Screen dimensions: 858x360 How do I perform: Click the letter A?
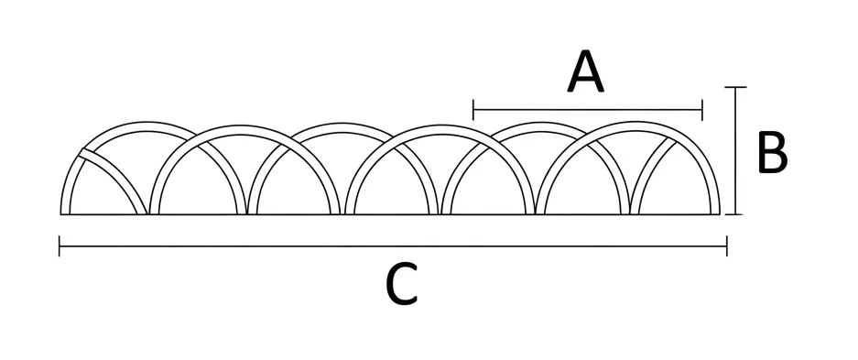pyautogui.click(x=585, y=71)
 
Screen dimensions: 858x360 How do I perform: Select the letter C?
pyautogui.click(x=402, y=283)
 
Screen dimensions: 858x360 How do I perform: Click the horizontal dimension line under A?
pyautogui.click(x=588, y=110)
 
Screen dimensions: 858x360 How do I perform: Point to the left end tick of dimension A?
pyautogui.click(x=473, y=110)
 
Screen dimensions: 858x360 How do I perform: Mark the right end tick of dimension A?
pyautogui.click(x=701, y=110)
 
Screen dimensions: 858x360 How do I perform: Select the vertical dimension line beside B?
pyautogui.click(x=735, y=150)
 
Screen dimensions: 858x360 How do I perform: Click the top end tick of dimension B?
pyautogui.click(x=735, y=87)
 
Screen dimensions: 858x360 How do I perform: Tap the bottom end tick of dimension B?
pyautogui.click(x=735, y=214)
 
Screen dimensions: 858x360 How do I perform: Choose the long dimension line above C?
pyautogui.click(x=393, y=246)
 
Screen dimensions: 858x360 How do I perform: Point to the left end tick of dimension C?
pyautogui.click(x=60, y=246)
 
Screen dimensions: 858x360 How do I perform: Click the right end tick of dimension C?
pyautogui.click(x=727, y=246)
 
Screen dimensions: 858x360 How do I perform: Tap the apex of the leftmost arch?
pyautogui.click(x=146, y=122)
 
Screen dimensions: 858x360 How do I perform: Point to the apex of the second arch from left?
pyautogui.click(x=244, y=125)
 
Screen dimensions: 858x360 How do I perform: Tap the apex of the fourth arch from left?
pyautogui.click(x=441, y=125)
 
